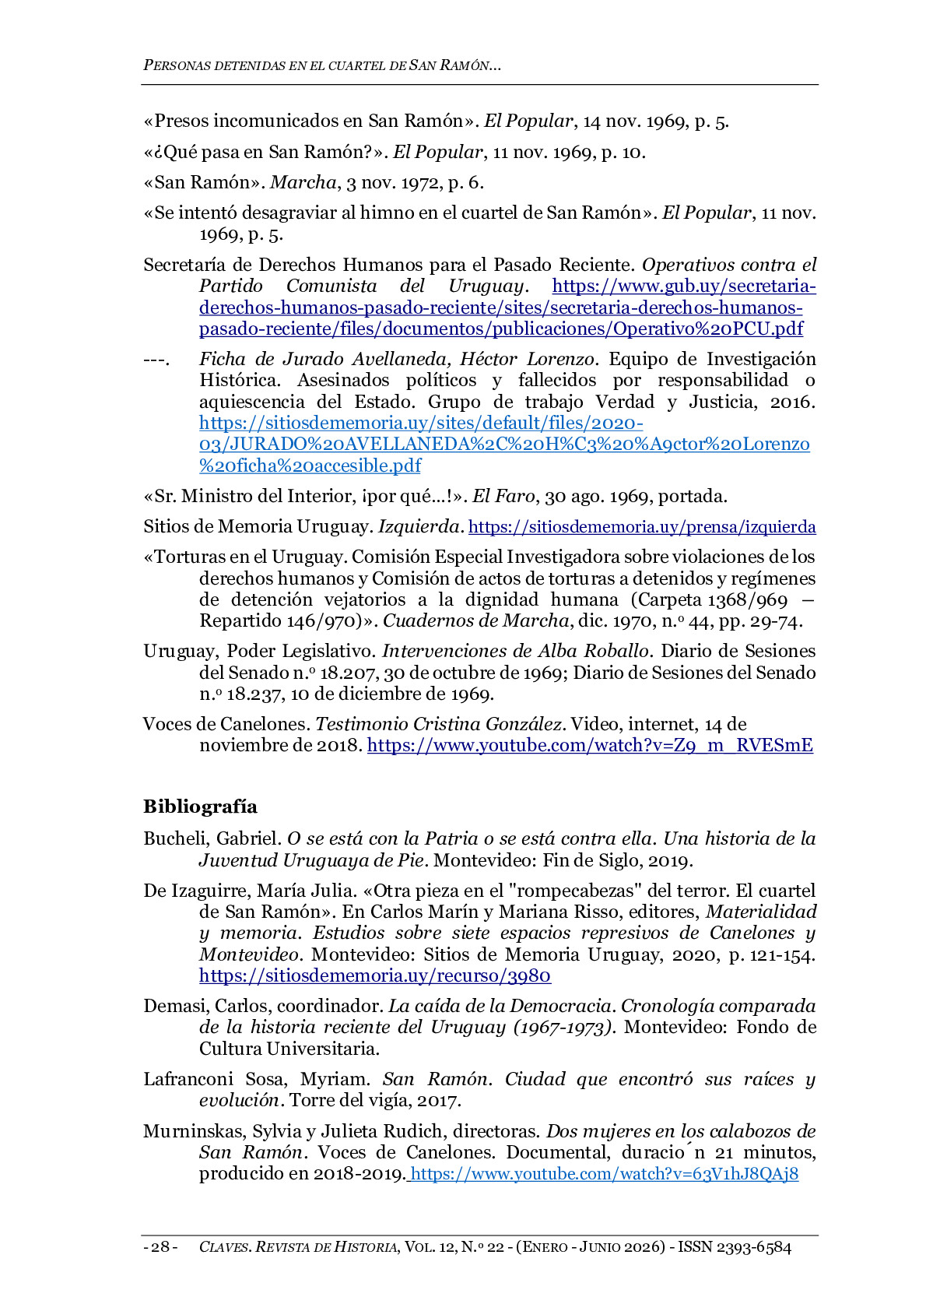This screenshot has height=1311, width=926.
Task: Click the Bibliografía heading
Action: point(200,807)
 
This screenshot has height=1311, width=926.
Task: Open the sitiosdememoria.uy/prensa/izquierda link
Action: point(642,527)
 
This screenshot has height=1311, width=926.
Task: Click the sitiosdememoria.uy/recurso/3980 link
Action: point(375,976)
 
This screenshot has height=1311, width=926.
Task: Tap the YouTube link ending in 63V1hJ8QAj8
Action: point(604,1174)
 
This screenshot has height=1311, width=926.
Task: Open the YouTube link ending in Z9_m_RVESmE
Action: point(590,746)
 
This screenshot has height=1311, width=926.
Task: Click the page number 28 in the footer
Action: point(160,1247)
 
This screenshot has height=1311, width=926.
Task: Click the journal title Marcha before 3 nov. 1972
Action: point(303,183)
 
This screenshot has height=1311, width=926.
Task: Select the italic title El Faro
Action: point(503,497)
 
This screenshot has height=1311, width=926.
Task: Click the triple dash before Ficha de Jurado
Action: point(156,360)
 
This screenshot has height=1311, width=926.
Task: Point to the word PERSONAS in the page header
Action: point(176,65)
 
